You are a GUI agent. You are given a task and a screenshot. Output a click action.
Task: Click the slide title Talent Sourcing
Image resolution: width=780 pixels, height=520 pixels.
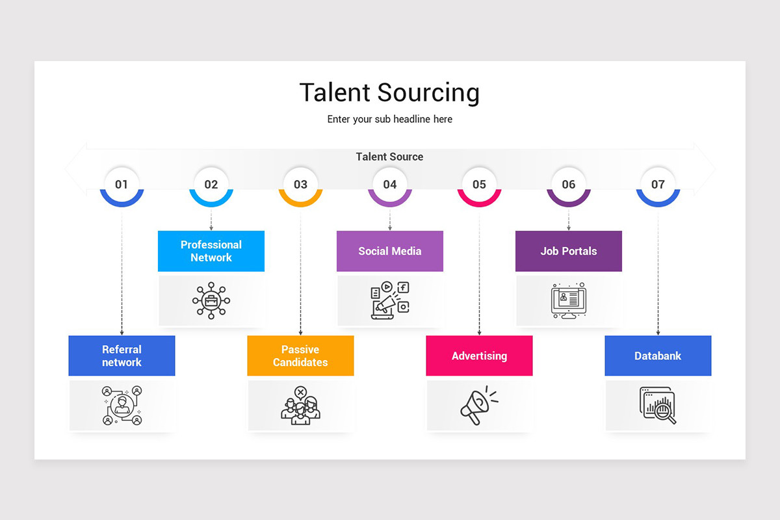coord(389,93)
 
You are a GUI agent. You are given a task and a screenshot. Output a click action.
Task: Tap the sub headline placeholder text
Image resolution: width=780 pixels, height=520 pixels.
coord(389,119)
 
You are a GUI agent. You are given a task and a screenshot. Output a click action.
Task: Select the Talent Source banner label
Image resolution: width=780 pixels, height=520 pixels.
coord(389,157)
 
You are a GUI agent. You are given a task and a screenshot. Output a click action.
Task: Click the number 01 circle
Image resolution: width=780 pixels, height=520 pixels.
coord(122,186)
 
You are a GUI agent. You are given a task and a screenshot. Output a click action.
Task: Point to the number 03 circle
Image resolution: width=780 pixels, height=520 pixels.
coord(300,186)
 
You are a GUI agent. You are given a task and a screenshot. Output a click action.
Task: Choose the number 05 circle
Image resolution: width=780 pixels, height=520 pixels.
coord(479,186)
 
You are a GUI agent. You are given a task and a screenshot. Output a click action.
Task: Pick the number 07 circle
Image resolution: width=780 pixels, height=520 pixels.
coord(658,186)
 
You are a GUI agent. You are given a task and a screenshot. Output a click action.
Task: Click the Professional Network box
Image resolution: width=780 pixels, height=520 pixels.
coord(211,251)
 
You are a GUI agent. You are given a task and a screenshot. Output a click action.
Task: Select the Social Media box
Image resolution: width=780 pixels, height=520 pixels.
coord(389,251)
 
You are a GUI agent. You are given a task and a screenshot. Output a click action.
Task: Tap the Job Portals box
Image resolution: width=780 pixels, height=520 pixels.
coord(569,251)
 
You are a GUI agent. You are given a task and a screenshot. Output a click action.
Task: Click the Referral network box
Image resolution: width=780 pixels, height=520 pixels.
coord(122,356)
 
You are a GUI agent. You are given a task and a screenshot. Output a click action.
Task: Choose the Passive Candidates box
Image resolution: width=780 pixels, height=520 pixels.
coord(300,356)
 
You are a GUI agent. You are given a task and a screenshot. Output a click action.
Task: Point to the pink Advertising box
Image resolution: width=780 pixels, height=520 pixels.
coord(479,356)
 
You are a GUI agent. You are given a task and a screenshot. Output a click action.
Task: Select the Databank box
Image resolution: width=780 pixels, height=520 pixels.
coord(658,356)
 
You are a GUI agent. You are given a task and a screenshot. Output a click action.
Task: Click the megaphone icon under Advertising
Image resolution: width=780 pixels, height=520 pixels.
coord(479,405)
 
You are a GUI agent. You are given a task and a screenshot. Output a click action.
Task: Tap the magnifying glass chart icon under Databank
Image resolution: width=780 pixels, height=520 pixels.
coord(658,405)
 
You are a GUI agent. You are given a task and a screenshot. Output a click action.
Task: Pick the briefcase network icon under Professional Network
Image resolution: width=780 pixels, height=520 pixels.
coord(211,300)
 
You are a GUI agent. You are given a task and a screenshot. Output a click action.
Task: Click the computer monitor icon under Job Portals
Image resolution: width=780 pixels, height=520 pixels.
coord(569,300)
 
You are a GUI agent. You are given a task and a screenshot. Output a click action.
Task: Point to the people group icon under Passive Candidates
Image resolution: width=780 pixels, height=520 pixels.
coord(300,406)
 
